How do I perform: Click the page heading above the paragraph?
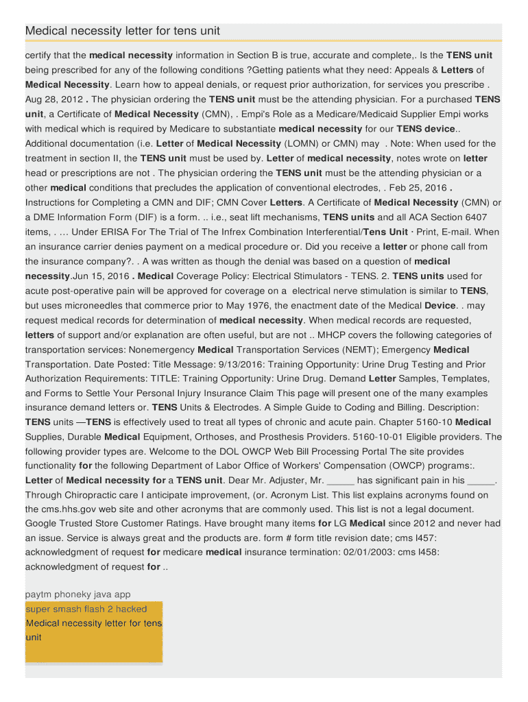point(123,32)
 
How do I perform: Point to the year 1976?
point(282,305)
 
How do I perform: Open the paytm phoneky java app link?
point(77,594)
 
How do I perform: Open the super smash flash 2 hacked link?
point(86,609)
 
